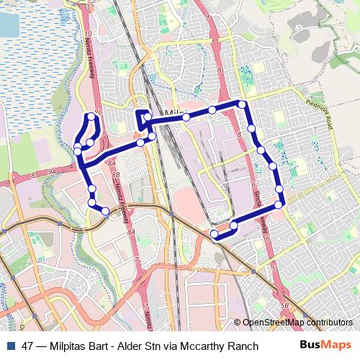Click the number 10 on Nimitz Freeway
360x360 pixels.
click(87, 34)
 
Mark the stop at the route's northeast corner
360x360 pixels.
click(243, 105)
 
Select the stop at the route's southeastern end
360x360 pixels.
click(214, 234)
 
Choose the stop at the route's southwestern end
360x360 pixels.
click(106, 211)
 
